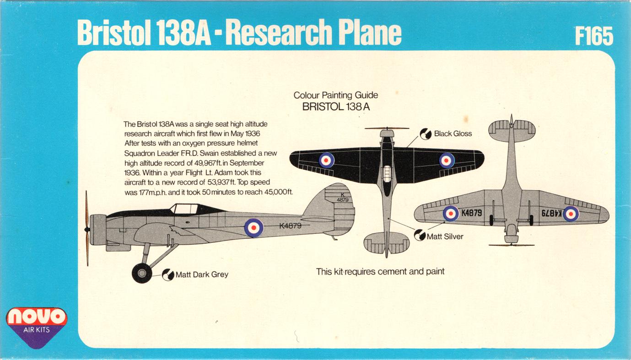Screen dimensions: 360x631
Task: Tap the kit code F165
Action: pyautogui.click(x=594, y=36)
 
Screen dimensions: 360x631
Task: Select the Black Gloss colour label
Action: pyautogui.click(x=453, y=134)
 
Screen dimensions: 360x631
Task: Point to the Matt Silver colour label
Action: pyautogui.click(x=445, y=236)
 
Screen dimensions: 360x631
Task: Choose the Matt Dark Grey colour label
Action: pyautogui.click(x=202, y=275)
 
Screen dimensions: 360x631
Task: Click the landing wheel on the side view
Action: pyautogui.click(x=142, y=273)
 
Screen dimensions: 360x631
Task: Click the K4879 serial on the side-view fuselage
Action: pyautogui.click(x=290, y=225)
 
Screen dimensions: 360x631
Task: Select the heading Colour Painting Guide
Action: pyautogui.click(x=336, y=96)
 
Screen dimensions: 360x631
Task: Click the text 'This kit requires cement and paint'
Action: pyautogui.click(x=380, y=272)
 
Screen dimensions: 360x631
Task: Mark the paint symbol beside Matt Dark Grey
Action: pyautogui.click(x=168, y=274)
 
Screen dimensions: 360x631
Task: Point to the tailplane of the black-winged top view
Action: pyautogui.click(x=387, y=242)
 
